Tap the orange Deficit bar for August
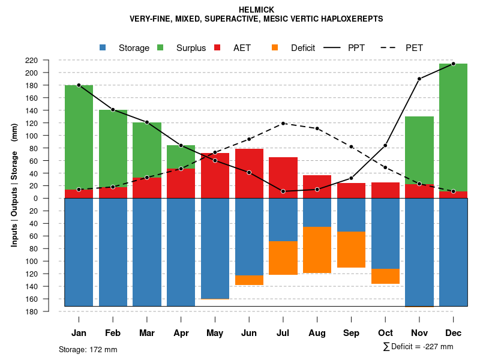click(x=317, y=250)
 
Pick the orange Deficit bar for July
click(x=283, y=258)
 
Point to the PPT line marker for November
click(x=419, y=79)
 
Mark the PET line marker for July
click(x=283, y=123)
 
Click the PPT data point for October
click(x=385, y=146)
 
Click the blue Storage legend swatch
click(x=103, y=47)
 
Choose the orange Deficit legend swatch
click(x=275, y=47)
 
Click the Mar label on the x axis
click(x=147, y=333)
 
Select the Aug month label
click(x=317, y=333)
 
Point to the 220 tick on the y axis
click(x=48, y=60)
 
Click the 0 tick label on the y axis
click(x=52, y=198)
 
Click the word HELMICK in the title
click(x=256, y=10)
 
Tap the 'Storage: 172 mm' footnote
click(x=88, y=349)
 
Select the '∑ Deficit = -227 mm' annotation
click(x=418, y=347)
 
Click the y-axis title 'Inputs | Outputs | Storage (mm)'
click(x=14, y=185)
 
